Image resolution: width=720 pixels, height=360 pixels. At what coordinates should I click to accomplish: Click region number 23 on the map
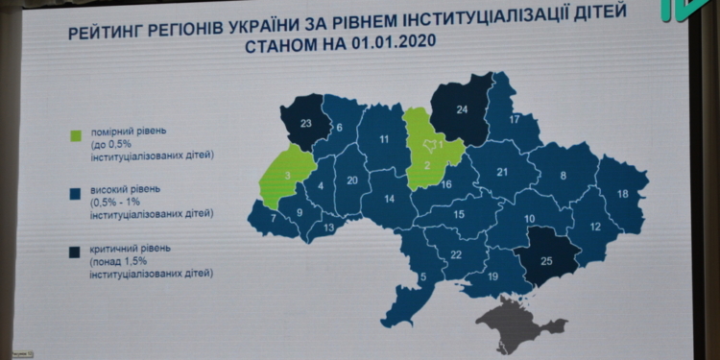click(306, 123)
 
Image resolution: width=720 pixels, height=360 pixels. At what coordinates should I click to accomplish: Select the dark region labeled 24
click(462, 109)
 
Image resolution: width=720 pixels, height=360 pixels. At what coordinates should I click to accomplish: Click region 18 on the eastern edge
click(622, 194)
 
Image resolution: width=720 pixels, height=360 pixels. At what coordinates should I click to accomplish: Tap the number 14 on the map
click(389, 200)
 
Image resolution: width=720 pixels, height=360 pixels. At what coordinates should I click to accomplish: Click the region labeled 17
click(515, 120)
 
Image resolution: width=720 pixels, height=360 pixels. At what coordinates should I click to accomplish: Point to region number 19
click(493, 276)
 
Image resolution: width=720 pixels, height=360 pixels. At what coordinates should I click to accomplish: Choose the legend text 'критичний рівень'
click(132, 249)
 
